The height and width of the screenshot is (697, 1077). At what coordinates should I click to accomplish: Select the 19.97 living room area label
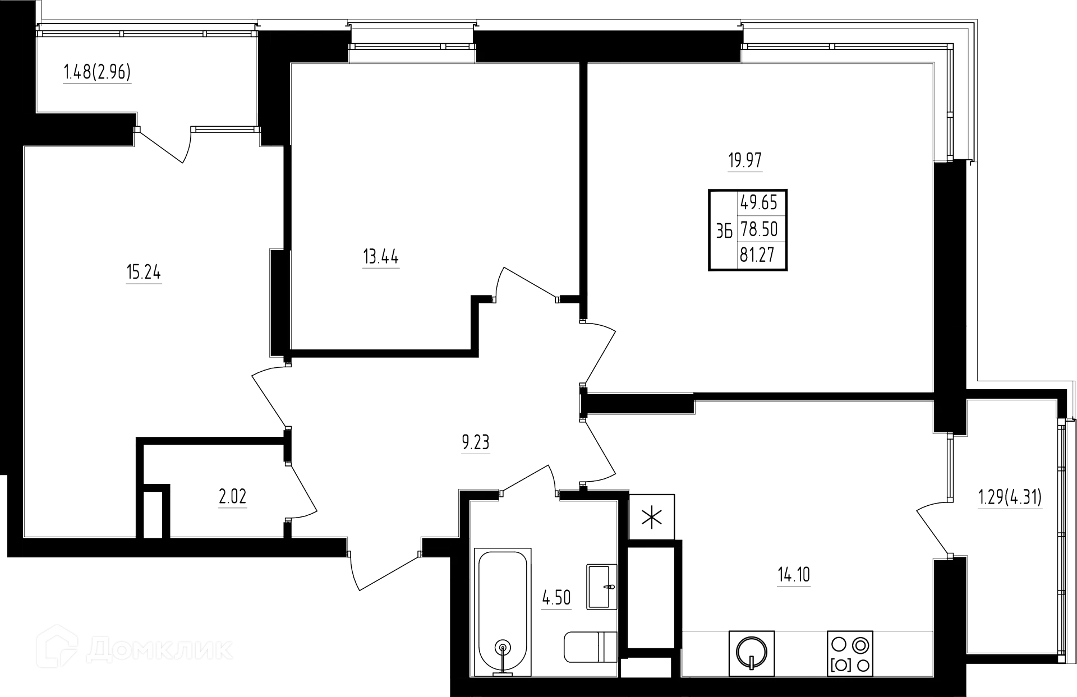[745, 160]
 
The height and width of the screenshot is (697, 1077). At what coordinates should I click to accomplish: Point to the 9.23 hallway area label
[476, 444]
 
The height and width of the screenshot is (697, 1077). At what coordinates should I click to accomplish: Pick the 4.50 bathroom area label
[556, 598]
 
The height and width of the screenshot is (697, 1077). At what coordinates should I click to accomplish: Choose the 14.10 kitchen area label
[794, 575]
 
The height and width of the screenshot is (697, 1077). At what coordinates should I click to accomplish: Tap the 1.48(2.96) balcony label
[98, 73]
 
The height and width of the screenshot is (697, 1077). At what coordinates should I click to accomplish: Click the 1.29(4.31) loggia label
[1010, 497]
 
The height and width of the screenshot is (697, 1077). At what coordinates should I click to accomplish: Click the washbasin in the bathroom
[600, 586]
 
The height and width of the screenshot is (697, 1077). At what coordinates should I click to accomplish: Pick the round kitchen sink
[752, 652]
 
